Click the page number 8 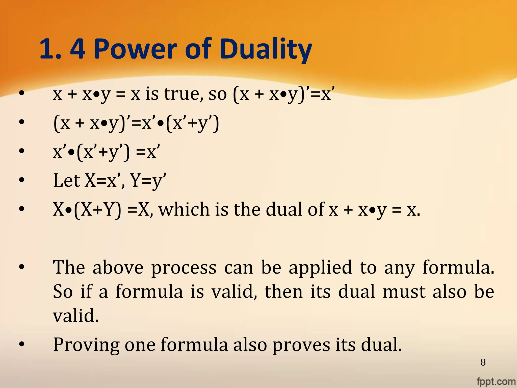tap(483, 362)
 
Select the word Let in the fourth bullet tap(66, 180)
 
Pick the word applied tap(320, 268)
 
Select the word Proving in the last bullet tap(86, 345)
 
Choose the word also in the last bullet tap(250, 345)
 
